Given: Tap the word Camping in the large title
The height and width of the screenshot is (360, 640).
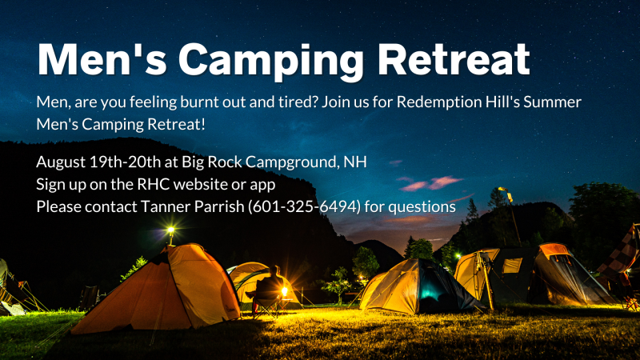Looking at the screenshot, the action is tap(270, 62).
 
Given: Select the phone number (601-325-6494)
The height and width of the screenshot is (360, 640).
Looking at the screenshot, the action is tap(305, 206).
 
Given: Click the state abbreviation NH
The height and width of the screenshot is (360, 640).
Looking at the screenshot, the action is tap(355, 162).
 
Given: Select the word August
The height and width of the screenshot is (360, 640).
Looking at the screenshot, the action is tap(61, 163).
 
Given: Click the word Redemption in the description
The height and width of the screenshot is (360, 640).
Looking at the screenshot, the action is tap(438, 102).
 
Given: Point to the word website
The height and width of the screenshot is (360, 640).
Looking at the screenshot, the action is tap(201, 184).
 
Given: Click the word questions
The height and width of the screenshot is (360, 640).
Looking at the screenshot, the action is tap(422, 207).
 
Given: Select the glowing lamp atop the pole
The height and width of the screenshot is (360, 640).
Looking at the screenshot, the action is tap(171, 230).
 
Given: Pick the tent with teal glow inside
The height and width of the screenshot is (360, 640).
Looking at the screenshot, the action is tap(421, 286).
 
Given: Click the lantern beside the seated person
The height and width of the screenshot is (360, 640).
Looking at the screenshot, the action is tap(285, 292).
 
